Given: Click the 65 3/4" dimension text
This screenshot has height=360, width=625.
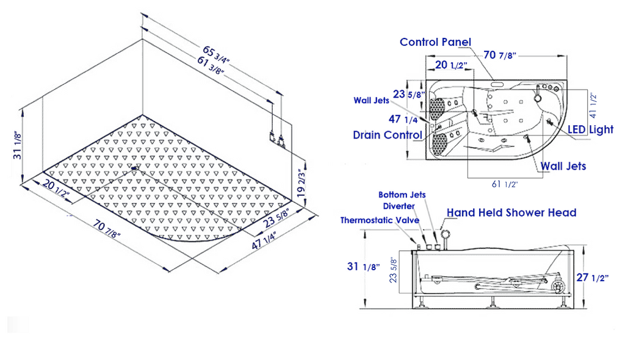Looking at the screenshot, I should (216, 56).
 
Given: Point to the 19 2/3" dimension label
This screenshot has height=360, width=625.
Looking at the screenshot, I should (302, 181).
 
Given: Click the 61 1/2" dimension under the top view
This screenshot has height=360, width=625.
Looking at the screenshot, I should (504, 184).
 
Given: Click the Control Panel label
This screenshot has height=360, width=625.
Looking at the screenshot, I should (435, 42).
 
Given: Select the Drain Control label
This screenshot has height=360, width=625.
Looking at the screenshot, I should (388, 135).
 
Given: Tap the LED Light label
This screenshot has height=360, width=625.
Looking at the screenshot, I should (590, 129).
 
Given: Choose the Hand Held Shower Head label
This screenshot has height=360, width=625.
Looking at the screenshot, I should (511, 212).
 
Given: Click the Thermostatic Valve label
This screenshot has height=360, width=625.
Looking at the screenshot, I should (380, 220).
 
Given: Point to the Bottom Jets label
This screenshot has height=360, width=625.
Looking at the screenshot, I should (402, 195).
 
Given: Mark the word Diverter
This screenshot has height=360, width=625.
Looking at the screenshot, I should (399, 206).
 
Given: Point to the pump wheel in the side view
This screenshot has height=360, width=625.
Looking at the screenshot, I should (557, 287).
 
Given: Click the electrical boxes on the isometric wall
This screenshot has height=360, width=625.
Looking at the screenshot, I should (276, 139).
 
